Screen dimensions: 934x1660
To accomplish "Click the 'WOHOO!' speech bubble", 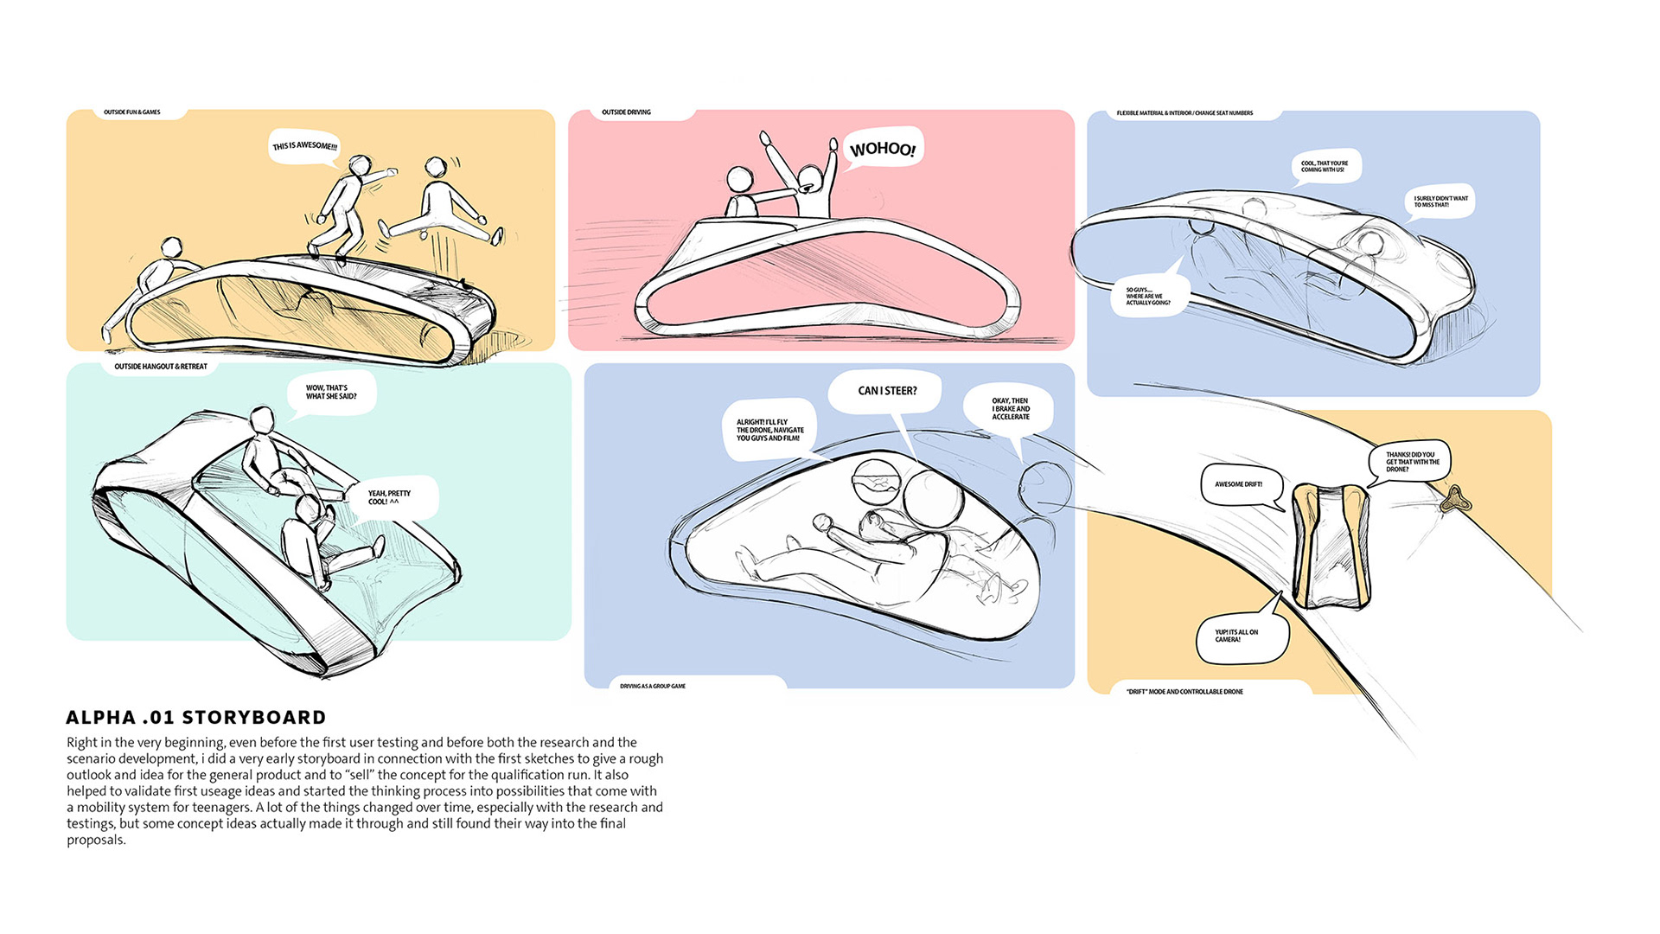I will click(882, 148).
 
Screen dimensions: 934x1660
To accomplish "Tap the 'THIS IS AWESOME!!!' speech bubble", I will click(304, 145).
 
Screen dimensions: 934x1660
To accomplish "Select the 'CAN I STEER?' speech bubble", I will click(887, 391).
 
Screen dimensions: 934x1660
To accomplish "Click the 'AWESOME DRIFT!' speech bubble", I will click(1238, 484).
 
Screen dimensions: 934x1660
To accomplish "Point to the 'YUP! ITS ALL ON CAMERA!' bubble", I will click(1238, 637).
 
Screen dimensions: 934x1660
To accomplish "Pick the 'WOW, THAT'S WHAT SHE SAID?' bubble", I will click(331, 392).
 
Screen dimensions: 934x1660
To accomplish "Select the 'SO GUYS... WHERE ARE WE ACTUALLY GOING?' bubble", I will click(1148, 296).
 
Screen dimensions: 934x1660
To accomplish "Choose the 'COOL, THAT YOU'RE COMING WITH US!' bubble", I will click(1325, 166).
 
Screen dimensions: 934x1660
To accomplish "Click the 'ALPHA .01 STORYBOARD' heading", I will click(196, 718).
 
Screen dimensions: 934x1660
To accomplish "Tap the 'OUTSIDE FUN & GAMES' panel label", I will click(132, 112).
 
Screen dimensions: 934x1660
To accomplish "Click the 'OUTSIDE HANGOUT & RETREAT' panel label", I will click(161, 367).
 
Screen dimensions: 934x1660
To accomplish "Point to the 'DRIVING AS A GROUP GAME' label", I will click(653, 686).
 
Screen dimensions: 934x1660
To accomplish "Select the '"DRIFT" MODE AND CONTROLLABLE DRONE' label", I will click(1184, 692).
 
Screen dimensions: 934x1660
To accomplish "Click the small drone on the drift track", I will click(1455, 499).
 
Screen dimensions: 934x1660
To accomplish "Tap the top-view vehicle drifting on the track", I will click(1331, 545).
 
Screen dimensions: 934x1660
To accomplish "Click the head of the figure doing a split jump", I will click(436, 167).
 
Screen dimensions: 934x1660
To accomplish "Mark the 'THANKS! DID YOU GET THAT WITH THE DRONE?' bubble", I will click(1412, 462).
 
